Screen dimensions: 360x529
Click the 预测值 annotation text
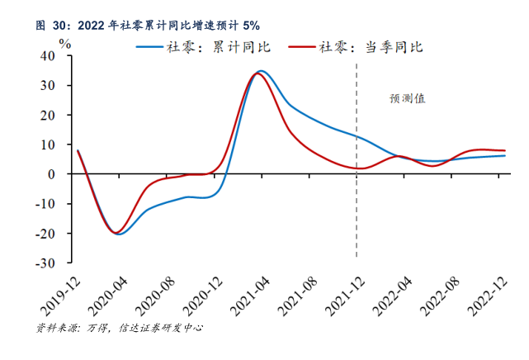408,98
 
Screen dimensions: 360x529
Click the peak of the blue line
261,71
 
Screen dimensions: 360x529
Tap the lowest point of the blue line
120,234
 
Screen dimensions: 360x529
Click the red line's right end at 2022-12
505,150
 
